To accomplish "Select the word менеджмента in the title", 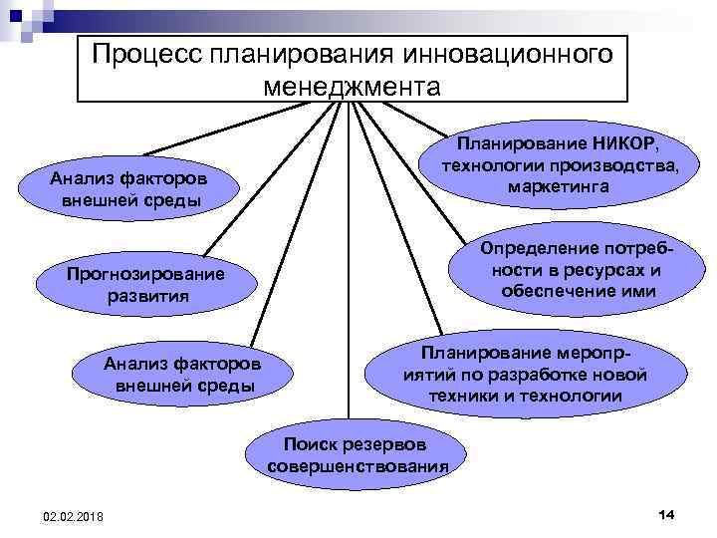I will click(x=352, y=86).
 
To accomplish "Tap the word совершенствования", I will click(x=358, y=466).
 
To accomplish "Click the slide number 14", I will click(x=666, y=512).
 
